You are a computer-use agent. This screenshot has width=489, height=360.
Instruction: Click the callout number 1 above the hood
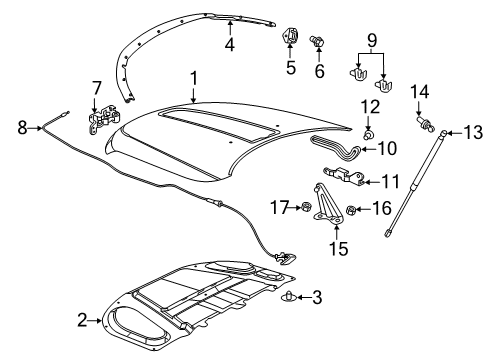[195, 76]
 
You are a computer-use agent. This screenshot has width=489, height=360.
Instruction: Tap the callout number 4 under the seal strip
[231, 44]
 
